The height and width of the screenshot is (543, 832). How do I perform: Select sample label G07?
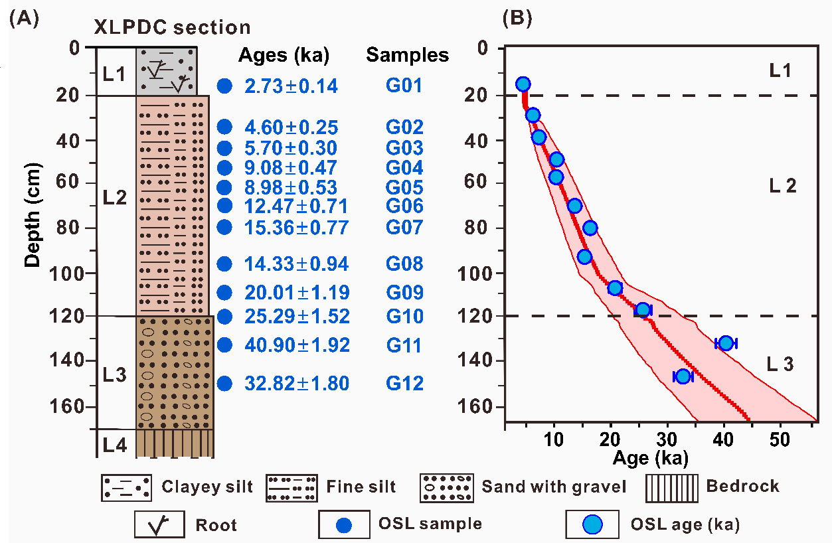click(404, 228)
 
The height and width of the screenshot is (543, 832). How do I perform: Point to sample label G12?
click(404, 384)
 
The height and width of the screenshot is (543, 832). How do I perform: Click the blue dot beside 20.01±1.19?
click(225, 292)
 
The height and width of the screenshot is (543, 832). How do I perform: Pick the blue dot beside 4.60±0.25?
click(225, 127)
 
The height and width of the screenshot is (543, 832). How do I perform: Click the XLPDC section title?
click(171, 27)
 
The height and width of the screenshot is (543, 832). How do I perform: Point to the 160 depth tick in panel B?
click(491, 406)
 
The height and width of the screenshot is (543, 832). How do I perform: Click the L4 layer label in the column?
click(116, 443)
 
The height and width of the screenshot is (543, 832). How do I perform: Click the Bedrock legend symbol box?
click(671, 487)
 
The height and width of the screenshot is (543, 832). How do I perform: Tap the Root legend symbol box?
click(160, 524)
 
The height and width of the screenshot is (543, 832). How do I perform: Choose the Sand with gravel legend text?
click(554, 487)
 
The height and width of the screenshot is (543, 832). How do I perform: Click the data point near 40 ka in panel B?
click(726, 343)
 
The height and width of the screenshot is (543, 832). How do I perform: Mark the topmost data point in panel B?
click(523, 84)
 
